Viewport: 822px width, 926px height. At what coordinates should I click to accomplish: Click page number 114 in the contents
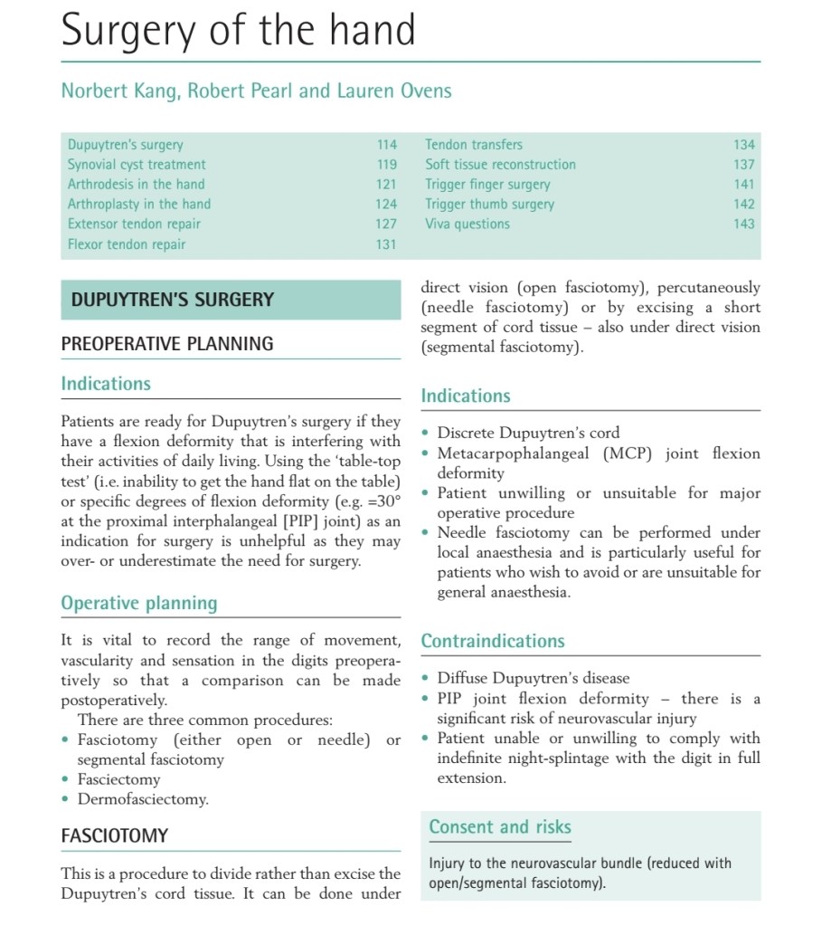[x=386, y=145]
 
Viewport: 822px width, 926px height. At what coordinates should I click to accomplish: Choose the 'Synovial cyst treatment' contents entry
[x=137, y=165]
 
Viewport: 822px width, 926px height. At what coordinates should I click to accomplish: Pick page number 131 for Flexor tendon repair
[x=386, y=244]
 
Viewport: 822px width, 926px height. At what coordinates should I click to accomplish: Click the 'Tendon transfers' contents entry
[x=474, y=145]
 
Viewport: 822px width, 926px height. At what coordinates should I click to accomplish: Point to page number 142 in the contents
[x=743, y=205]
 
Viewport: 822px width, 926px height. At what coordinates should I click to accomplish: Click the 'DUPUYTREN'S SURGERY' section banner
[x=173, y=300]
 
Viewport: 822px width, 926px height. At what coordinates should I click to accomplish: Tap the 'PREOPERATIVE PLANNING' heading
[x=166, y=344]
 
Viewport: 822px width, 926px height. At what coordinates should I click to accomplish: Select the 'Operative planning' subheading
[x=139, y=604]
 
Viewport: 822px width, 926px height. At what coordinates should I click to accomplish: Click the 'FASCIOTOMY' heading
[x=114, y=835]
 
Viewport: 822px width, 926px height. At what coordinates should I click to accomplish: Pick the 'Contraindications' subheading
[x=493, y=641]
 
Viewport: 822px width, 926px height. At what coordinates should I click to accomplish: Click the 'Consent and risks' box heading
[x=500, y=827]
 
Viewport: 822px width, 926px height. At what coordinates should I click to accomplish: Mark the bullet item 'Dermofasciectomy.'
[x=143, y=799]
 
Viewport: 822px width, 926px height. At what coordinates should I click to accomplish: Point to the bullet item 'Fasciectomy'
[x=118, y=779]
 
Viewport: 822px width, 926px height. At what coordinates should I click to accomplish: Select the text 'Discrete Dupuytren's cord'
[x=528, y=434]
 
